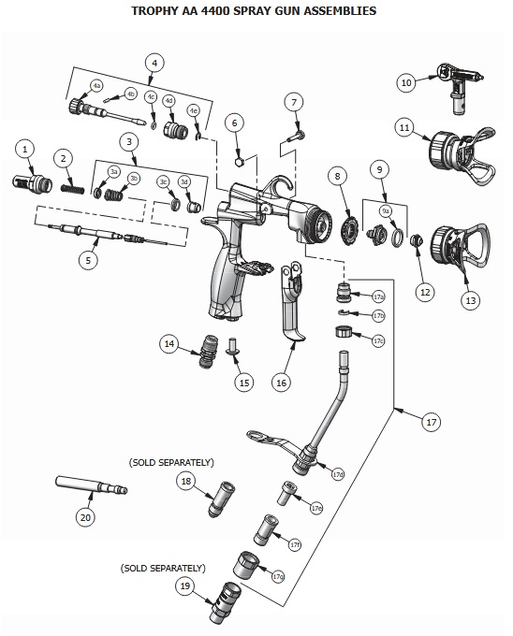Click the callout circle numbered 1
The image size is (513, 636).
pos(25,149)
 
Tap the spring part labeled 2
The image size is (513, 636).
pos(73,188)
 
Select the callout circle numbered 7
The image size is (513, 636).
pos(294,103)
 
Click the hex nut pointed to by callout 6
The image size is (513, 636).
pos(240,162)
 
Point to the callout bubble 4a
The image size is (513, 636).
pos(96,86)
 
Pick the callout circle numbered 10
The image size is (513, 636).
pos(406,82)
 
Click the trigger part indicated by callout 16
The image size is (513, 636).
pos(292,301)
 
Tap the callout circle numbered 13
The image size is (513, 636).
pos(470,300)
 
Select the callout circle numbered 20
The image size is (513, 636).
pos(85,517)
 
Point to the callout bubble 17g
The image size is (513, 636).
pos(278,576)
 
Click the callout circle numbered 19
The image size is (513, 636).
pos(185,585)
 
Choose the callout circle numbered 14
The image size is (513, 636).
pos(169,344)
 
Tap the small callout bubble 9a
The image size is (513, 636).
pos(386,211)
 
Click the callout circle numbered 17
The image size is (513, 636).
pos(431,422)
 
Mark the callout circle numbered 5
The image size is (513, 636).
pos(89,260)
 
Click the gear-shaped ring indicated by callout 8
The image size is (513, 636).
pos(348,231)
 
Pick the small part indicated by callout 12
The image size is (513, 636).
pos(416,241)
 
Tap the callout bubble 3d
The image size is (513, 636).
pos(183,181)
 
